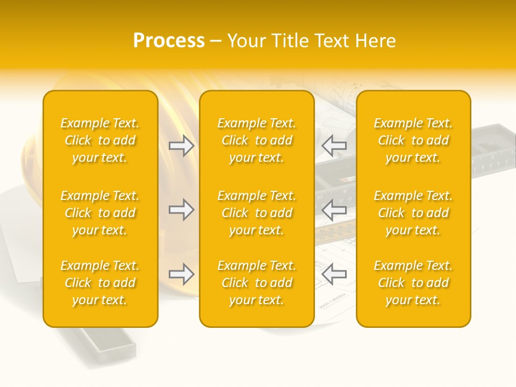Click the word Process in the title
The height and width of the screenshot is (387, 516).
(169, 41)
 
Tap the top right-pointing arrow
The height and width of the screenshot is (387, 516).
(182, 145)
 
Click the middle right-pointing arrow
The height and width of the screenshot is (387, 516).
(182, 210)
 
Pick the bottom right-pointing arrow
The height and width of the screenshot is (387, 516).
(182, 275)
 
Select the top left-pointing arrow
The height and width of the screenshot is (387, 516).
(334, 145)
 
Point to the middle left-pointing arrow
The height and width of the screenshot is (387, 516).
(334, 210)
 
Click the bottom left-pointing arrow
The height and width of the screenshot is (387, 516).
(334, 275)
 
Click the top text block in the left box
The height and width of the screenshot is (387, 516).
(100, 140)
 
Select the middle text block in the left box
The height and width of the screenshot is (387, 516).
(100, 213)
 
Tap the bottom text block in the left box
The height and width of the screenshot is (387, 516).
(100, 283)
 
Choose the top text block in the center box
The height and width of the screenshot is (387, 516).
(257, 140)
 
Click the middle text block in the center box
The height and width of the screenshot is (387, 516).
(257, 213)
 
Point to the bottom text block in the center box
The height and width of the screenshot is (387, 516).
(257, 283)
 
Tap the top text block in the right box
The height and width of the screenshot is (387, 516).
(413, 140)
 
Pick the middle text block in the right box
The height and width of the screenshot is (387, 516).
(413, 213)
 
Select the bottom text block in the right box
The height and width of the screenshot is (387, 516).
(413, 283)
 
